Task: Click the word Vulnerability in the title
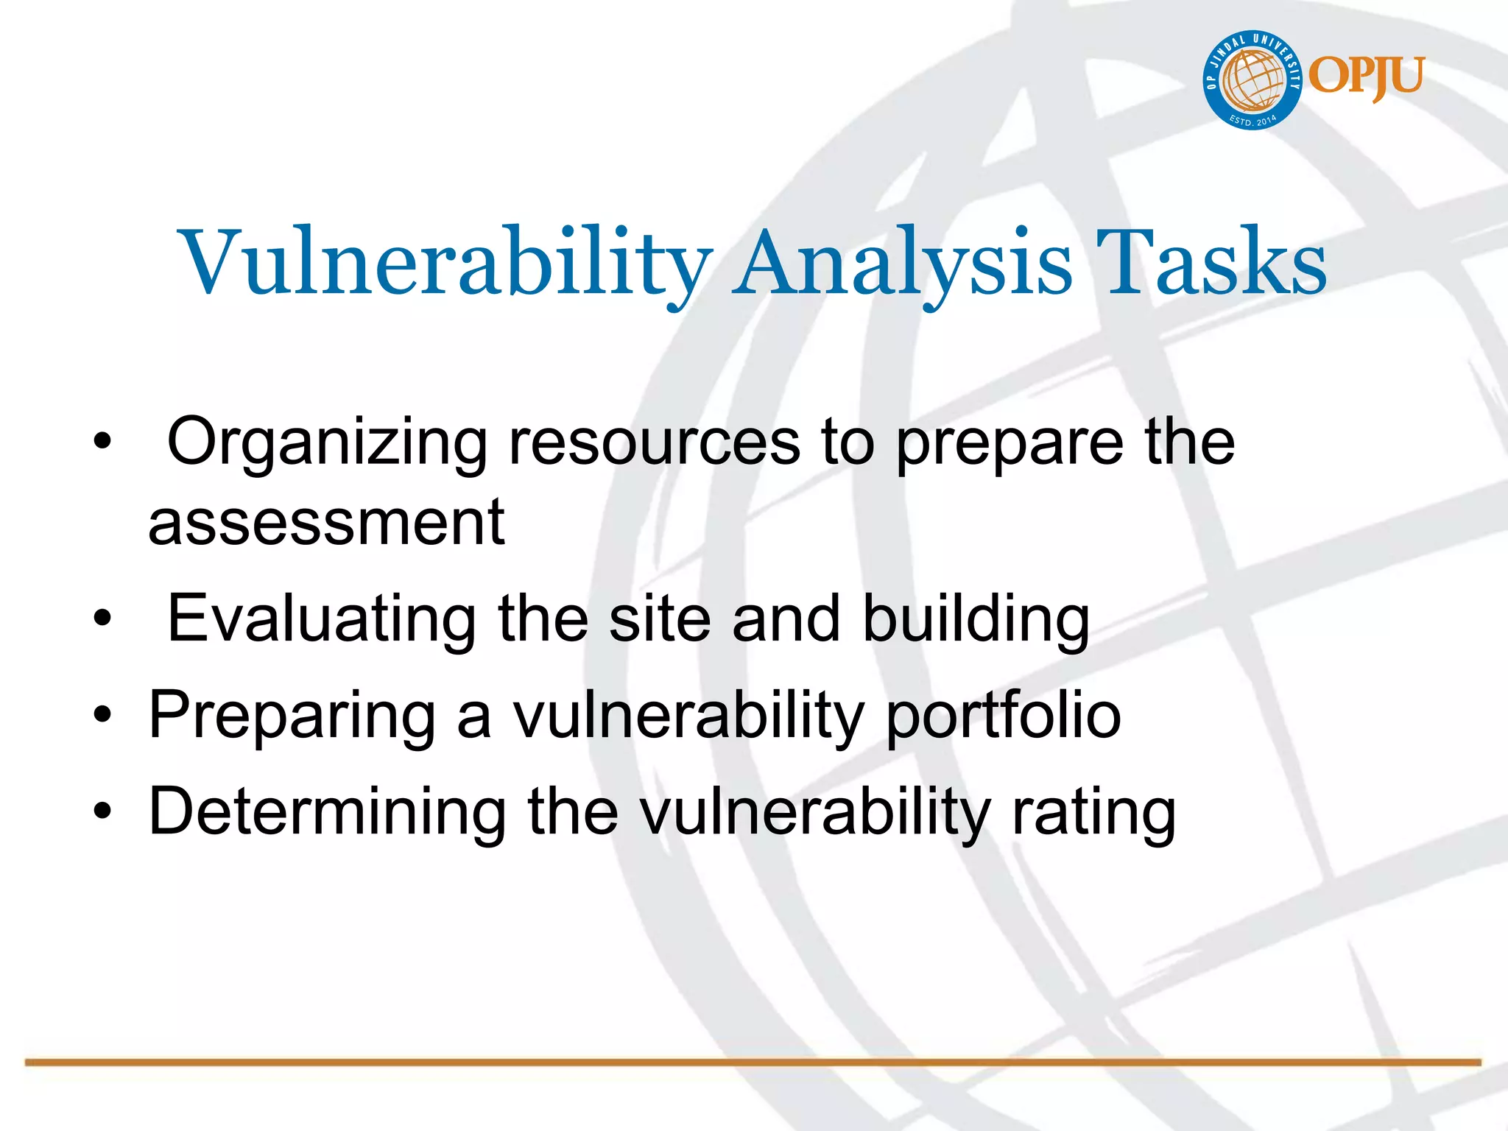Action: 445,264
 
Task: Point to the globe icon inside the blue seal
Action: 1252,80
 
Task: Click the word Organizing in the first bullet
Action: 327,442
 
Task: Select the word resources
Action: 654,442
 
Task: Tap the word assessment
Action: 326,523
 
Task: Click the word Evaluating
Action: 322,619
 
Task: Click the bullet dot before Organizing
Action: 102,443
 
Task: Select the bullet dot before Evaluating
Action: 102,619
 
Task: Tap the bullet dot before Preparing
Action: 102,715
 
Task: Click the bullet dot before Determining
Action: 102,811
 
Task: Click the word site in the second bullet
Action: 660,619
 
